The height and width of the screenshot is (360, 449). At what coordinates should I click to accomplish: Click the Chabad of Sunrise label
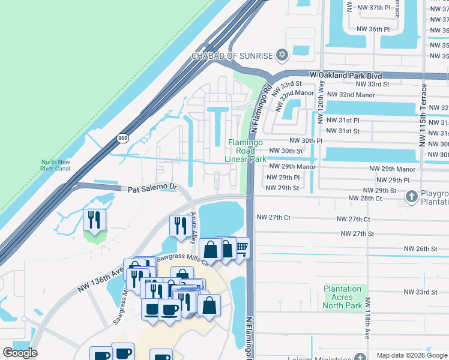[x=232, y=56]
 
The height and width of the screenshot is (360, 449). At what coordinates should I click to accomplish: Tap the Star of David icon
[x=282, y=56]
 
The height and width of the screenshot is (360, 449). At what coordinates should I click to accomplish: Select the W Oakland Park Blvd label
[x=345, y=76]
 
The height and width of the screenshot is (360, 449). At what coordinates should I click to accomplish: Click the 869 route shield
[x=122, y=138]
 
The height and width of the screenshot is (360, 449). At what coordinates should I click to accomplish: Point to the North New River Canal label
[x=56, y=165]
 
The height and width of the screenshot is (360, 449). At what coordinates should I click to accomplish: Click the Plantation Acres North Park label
[x=343, y=297]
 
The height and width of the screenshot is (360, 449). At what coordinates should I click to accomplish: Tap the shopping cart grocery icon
[x=241, y=248]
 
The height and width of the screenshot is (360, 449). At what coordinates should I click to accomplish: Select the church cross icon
[x=411, y=196]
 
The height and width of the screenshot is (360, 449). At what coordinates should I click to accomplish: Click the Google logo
[x=20, y=353]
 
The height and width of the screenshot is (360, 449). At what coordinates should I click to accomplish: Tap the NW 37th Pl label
[x=373, y=7]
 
